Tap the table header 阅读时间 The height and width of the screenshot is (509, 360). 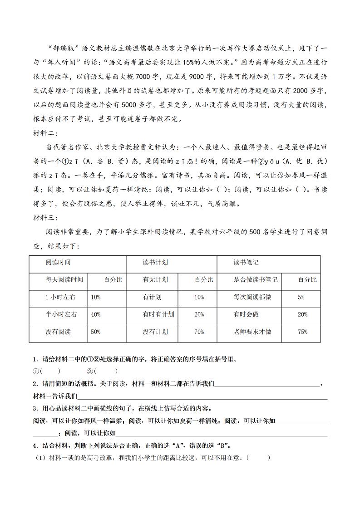[x=58, y=263]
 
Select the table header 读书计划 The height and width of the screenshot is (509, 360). [x=155, y=263]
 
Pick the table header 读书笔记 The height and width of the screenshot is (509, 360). [x=246, y=263]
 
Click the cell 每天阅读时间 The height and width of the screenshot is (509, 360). [x=64, y=280]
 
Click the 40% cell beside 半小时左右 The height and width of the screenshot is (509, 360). [x=96, y=314]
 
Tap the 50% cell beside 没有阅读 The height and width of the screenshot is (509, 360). [x=96, y=332]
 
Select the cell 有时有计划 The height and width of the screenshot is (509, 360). [x=158, y=314]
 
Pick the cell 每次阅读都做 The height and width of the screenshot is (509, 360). [x=252, y=297]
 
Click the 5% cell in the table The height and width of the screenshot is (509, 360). [x=301, y=297]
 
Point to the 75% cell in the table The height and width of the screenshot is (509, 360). [x=302, y=332]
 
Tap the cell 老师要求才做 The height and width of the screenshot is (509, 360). [x=252, y=332]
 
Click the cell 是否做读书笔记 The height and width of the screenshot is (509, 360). [x=256, y=280]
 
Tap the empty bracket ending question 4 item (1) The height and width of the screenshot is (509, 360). [x=259, y=458]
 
